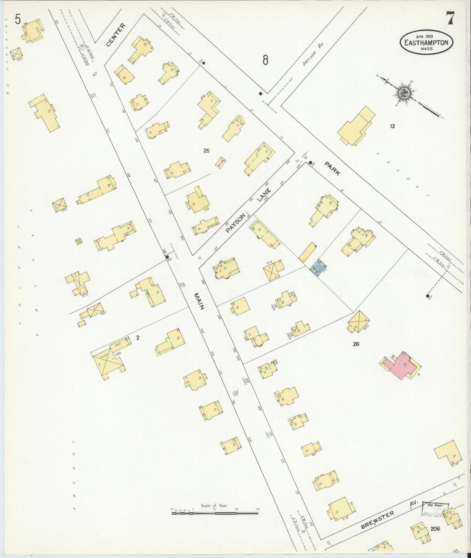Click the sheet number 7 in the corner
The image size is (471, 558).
click(450, 18)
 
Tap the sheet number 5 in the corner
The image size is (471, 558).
click(18, 20)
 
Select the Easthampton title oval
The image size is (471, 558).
click(426, 43)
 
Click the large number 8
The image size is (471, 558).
click(266, 60)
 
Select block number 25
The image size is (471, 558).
click(206, 150)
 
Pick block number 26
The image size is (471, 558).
click(356, 343)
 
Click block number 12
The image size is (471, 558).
click(392, 126)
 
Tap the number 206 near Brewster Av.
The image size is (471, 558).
click(434, 528)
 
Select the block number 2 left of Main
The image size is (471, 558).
click(138, 338)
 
